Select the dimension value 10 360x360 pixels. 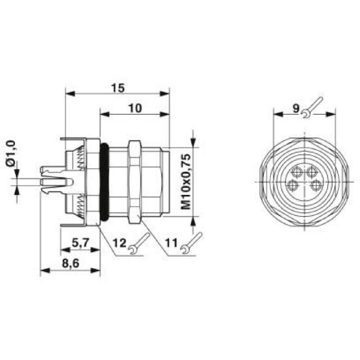(x=135, y=108)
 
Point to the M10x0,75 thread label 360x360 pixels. (x=186, y=182)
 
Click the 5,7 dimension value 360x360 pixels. (x=80, y=243)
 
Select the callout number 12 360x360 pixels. (x=119, y=243)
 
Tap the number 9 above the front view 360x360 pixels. (x=295, y=108)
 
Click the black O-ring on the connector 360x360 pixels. (x=104, y=182)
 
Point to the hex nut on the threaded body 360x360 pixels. (x=134, y=182)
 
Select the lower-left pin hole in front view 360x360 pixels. (x=293, y=185)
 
